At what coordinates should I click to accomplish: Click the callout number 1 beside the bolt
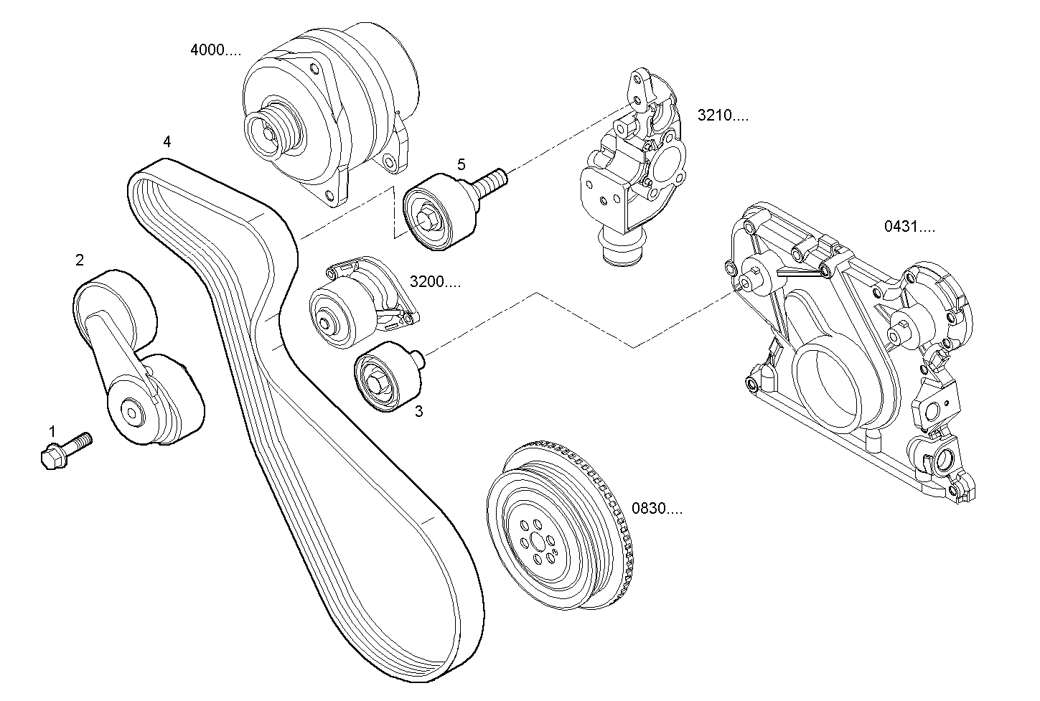point(52,431)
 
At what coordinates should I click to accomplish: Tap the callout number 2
point(80,260)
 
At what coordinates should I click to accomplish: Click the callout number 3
point(418,411)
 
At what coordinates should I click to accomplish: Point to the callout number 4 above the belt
point(167,141)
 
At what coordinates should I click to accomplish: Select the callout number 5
point(462,164)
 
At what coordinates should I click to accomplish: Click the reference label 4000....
point(215,50)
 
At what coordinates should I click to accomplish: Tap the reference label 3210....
point(722,115)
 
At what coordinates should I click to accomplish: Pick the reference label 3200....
point(435,281)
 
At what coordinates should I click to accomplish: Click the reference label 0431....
point(909,227)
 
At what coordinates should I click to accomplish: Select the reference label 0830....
point(657,509)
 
